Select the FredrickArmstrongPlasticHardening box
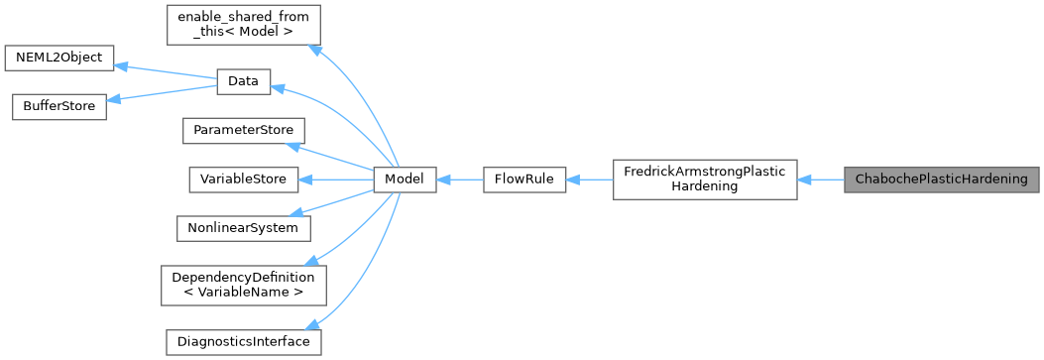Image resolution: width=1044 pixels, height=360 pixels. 705,180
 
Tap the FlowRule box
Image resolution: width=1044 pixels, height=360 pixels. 523,180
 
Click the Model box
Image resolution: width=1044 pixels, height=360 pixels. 405,180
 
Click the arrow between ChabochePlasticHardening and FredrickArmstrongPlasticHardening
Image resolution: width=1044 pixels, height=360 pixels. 820,180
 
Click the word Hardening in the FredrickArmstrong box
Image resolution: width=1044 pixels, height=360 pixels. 704,187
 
